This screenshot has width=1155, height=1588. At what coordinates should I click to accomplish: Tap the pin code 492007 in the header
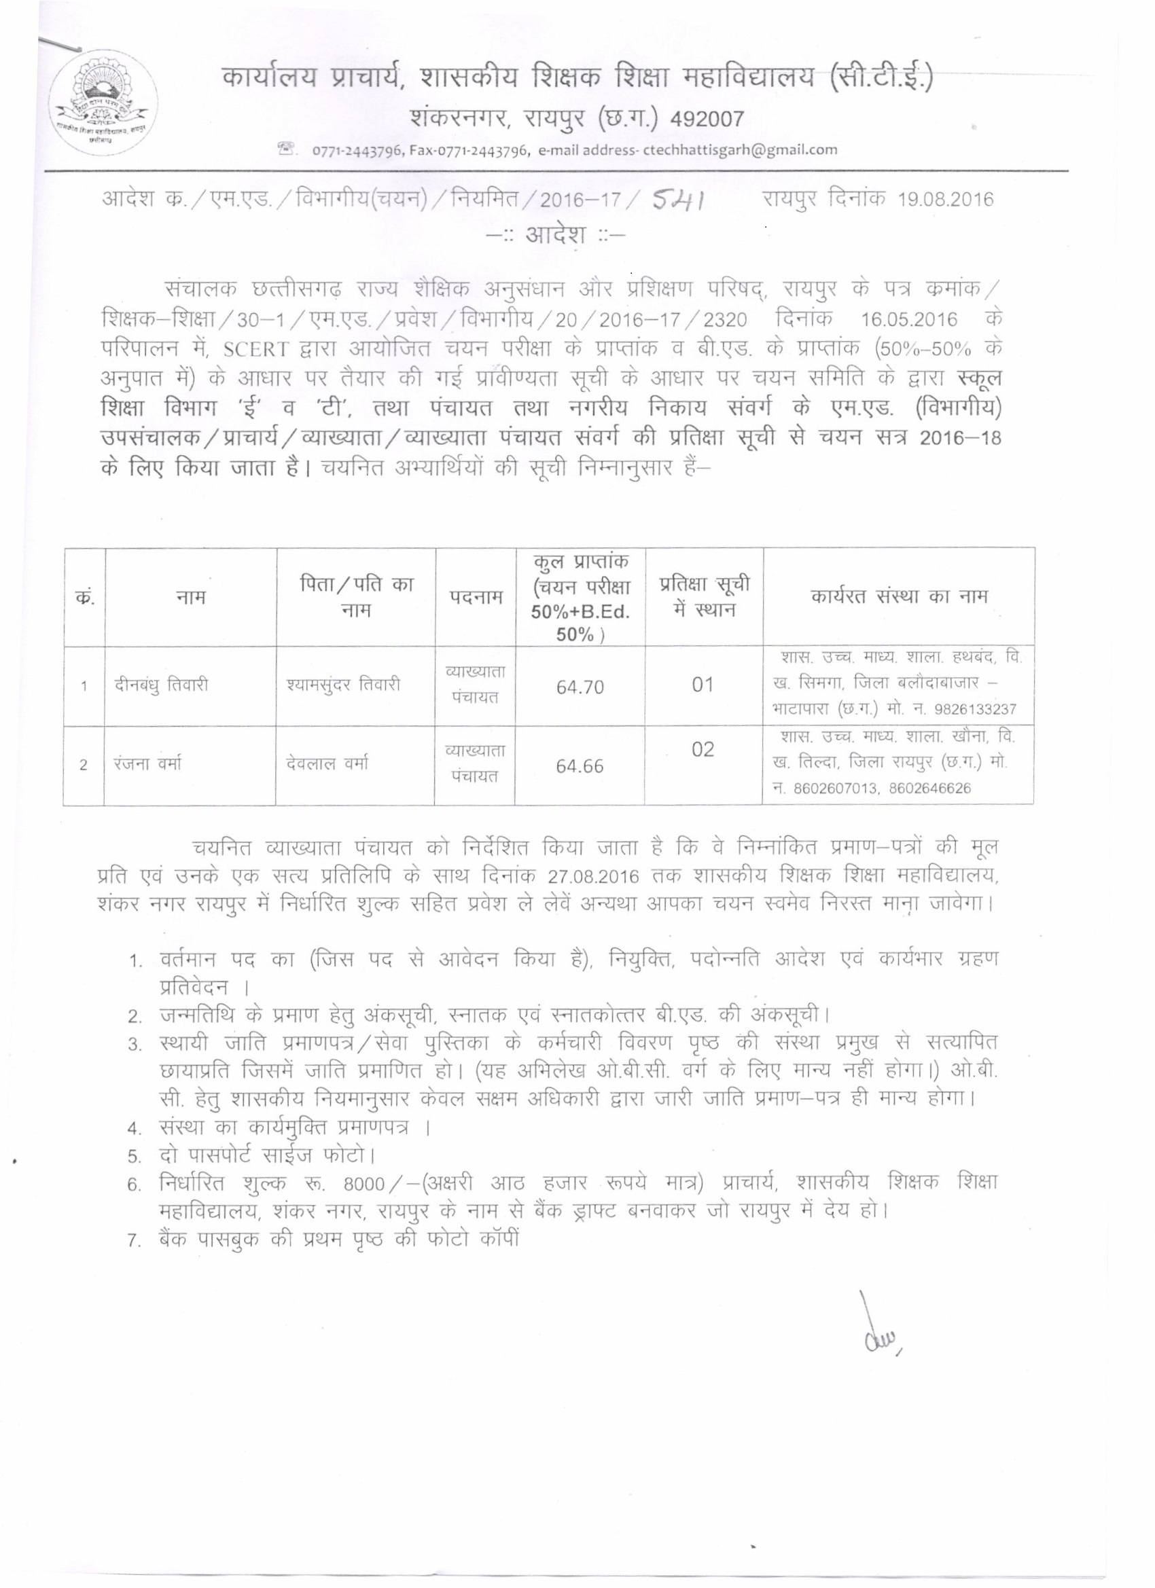coord(707,120)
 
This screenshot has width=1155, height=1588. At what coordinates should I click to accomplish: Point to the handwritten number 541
coord(677,200)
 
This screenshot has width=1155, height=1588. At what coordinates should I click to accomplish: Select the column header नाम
coord(190,597)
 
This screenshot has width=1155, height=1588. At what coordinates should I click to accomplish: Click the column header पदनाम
coord(476,597)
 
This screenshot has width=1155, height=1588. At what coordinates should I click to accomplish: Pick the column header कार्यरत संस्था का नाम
coord(900,596)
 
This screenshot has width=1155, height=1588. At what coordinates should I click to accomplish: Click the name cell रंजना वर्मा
coord(149,765)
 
